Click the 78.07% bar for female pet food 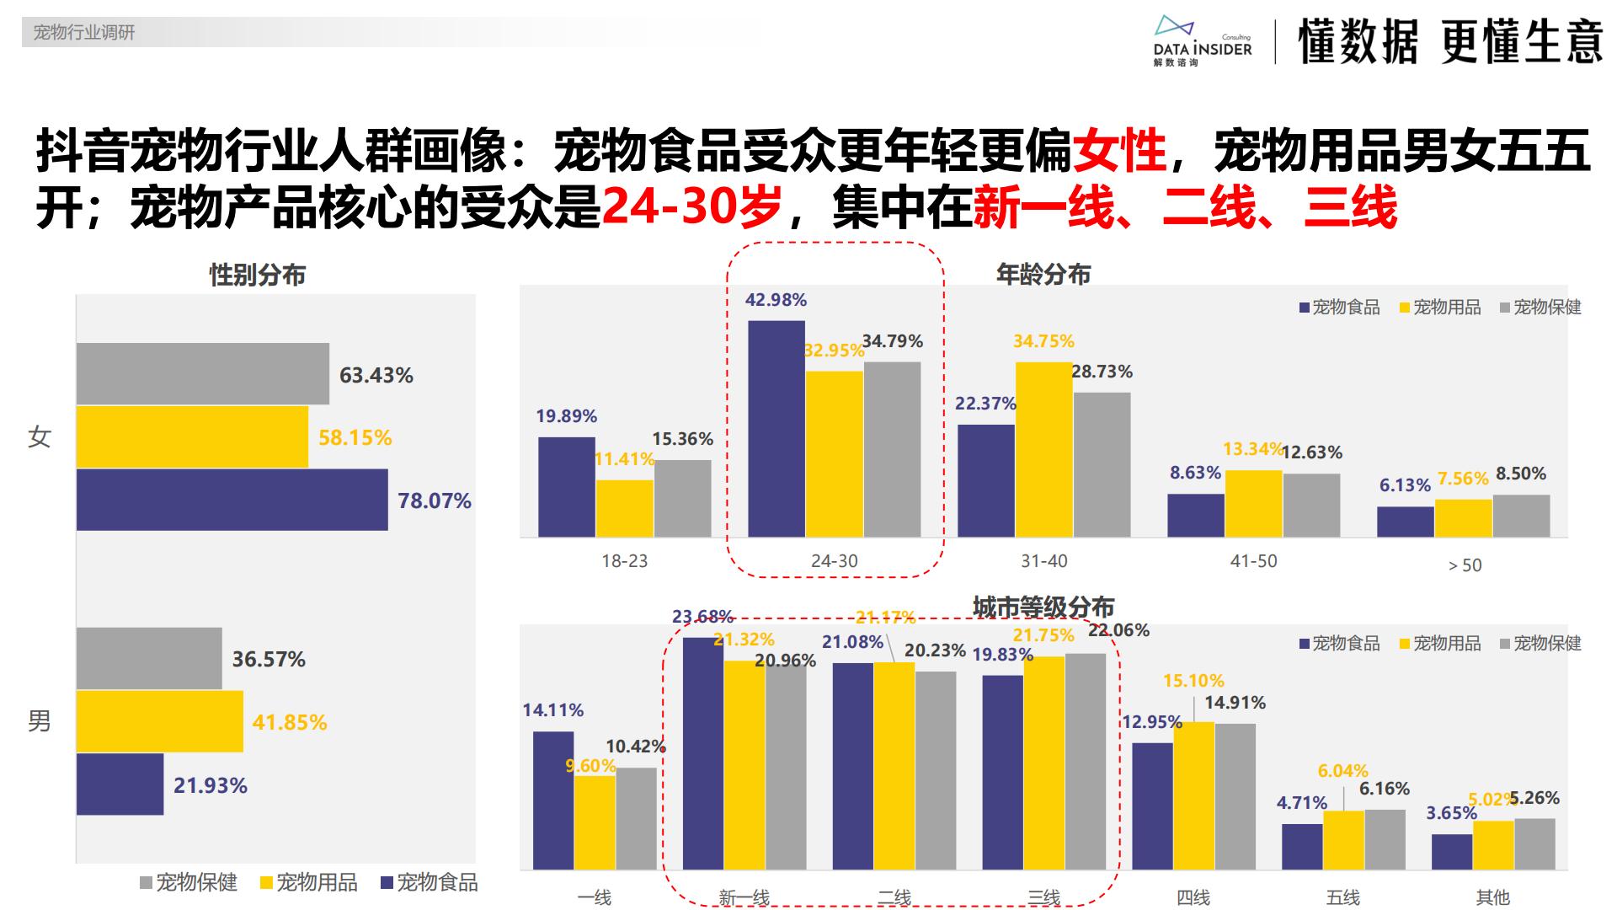coord(232,500)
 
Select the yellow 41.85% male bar coord(160,721)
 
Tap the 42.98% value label coord(776,300)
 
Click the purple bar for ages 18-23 coord(566,487)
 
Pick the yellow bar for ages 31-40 coord(1043,450)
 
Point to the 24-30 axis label coord(834,561)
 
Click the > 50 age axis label coord(1465,565)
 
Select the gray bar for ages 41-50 coord(1311,506)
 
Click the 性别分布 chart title coord(257,275)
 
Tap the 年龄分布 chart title coord(1043,274)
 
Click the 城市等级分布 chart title coord(1043,607)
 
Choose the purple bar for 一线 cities coord(553,800)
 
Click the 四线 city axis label coord(1193,897)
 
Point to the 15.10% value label coord(1193,681)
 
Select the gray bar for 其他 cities coord(1534,844)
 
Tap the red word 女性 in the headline coord(1119,152)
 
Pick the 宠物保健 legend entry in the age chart coord(1540,308)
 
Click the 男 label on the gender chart coord(40,721)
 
